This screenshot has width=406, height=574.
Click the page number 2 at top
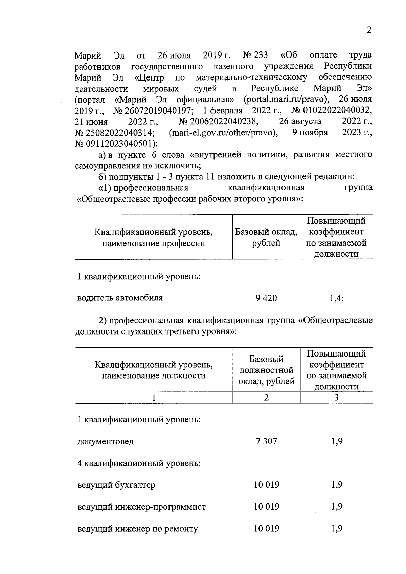point(369,30)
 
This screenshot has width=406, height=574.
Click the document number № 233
point(255,55)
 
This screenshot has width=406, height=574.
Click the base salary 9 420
point(266,298)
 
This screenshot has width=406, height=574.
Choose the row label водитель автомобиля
point(120,298)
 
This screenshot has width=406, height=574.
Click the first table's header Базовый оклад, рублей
point(266,237)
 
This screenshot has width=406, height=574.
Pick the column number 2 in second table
point(266,398)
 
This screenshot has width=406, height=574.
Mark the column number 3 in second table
point(336,398)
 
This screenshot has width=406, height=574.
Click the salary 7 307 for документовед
point(266,441)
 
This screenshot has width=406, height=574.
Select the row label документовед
point(106,442)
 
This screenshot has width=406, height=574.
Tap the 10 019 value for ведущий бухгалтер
point(267,485)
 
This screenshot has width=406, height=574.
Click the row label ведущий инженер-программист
point(141,507)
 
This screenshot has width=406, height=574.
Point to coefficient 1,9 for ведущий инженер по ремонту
point(337,529)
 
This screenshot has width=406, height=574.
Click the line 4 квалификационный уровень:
point(139,463)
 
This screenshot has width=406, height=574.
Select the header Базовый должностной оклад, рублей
point(266,370)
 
